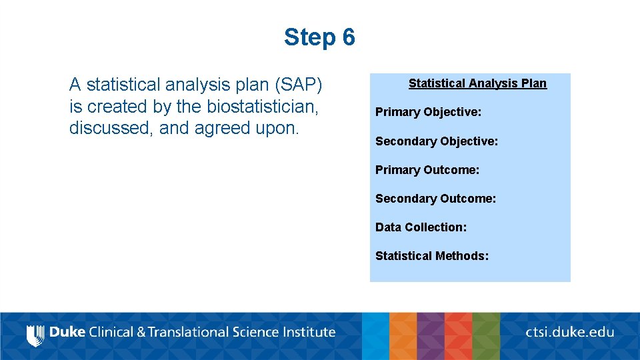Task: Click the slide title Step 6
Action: click(x=319, y=37)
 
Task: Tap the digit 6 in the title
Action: click(x=348, y=37)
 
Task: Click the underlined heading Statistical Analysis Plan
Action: click(x=477, y=83)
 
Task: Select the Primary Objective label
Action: click(x=428, y=112)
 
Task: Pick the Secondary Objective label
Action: click(x=437, y=141)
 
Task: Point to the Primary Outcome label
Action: click(x=427, y=170)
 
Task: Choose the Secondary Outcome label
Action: click(x=435, y=199)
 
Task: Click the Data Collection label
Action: click(x=421, y=227)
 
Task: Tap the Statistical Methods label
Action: click(x=432, y=256)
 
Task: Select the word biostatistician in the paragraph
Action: click(x=262, y=107)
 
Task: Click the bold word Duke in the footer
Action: click(x=67, y=332)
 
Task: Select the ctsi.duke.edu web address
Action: click(x=569, y=332)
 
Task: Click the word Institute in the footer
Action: click(x=307, y=332)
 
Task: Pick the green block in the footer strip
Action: click(x=486, y=336)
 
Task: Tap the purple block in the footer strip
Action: click(x=430, y=336)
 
